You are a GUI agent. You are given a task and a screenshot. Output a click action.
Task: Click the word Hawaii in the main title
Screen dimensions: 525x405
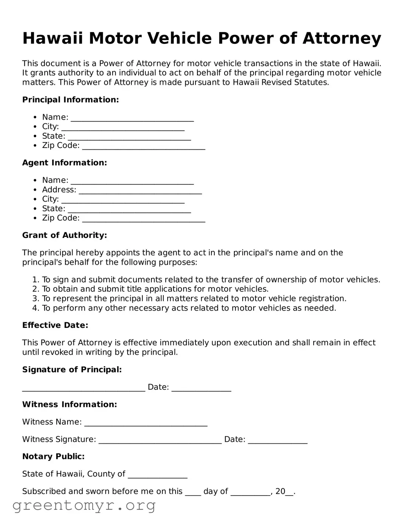click(52, 39)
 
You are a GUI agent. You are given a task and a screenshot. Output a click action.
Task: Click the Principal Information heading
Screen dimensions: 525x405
click(71, 100)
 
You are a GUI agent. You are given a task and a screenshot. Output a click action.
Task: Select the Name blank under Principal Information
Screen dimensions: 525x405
click(132, 118)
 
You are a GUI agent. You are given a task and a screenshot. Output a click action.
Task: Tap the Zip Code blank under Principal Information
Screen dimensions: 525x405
click(143, 146)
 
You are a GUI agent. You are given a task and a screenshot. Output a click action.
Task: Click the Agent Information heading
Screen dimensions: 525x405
click(65, 163)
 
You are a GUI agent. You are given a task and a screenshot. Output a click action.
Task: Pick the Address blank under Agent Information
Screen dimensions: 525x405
click(140, 191)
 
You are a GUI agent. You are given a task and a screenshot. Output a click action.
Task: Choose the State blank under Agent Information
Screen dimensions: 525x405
click(129, 210)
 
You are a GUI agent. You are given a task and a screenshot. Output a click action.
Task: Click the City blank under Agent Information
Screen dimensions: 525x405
click(123, 200)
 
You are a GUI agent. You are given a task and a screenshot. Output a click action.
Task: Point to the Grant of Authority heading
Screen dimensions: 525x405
click(65, 235)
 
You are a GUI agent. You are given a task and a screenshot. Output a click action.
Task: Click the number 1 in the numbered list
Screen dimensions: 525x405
click(35, 280)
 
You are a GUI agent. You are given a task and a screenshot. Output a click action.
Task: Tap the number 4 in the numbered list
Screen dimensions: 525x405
click(35, 308)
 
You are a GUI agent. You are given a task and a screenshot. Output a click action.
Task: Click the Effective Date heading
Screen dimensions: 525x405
click(55, 325)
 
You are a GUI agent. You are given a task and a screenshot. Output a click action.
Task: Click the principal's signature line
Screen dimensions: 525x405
click(83, 388)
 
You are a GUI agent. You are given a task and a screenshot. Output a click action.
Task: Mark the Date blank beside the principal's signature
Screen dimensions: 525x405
click(201, 388)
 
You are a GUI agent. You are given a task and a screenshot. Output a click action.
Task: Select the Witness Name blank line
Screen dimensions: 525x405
click(146, 423)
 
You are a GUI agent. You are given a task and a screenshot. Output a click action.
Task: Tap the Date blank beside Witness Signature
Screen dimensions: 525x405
click(277, 440)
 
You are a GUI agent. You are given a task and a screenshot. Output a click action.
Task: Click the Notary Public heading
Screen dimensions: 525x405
click(53, 457)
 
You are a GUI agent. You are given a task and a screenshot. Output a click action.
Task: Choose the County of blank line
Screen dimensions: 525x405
click(157, 475)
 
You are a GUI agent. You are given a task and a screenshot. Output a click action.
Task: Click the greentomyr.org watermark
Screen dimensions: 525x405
click(84, 505)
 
